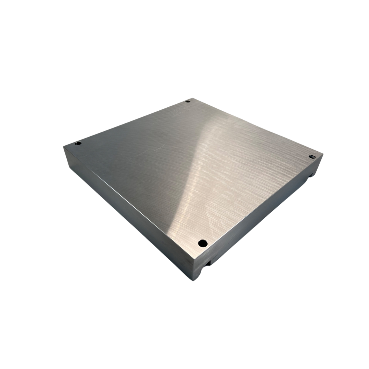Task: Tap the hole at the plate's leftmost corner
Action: click(x=78, y=143)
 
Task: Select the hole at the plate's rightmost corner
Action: click(x=312, y=156)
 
